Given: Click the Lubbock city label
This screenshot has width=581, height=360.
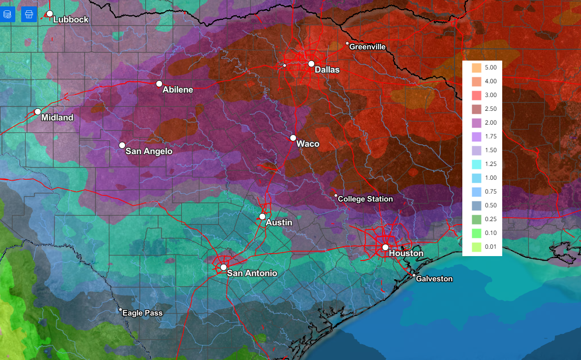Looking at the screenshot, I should pos(70,20).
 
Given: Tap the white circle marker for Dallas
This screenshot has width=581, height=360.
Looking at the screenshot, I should pos(311,64).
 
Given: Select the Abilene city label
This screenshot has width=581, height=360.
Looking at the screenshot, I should pos(177,90).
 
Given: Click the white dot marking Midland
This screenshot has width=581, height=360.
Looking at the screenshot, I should pos(38,112).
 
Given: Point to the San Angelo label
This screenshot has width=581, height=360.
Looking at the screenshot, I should pos(149,151).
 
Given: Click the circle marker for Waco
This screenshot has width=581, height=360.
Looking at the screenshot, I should pos(293,138).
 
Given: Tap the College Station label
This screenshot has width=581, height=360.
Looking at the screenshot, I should pos(365,199).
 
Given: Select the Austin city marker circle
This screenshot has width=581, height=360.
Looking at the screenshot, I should pos(262,217).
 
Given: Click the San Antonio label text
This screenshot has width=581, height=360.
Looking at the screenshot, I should pos(252,273).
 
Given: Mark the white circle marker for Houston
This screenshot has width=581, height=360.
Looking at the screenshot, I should pos(385,247).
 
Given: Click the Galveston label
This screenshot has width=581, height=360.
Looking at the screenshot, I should pos(434,279).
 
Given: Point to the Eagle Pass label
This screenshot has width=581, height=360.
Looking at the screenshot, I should pos(142,313).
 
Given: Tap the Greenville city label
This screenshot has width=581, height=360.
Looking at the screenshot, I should pos(367,47).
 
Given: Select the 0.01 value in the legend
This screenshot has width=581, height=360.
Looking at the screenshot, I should pos(490,247).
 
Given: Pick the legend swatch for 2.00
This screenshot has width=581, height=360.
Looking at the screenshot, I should pos(476,123).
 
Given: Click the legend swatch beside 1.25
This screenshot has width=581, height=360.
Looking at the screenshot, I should pos(476,164).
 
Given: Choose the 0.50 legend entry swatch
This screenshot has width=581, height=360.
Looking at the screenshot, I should pos(476,205).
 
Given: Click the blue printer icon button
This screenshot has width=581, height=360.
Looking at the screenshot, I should pos(29,14).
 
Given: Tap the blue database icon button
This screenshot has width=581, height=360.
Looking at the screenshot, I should pos(7,14).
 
